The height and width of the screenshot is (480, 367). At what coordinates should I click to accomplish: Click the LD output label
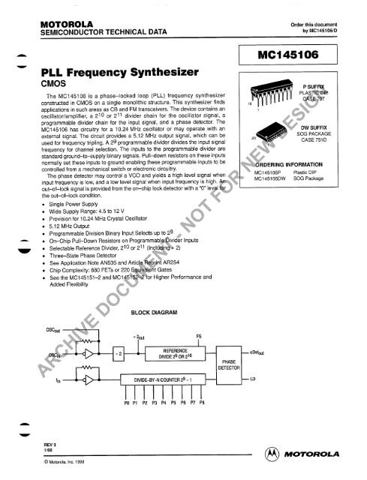click(256, 380)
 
